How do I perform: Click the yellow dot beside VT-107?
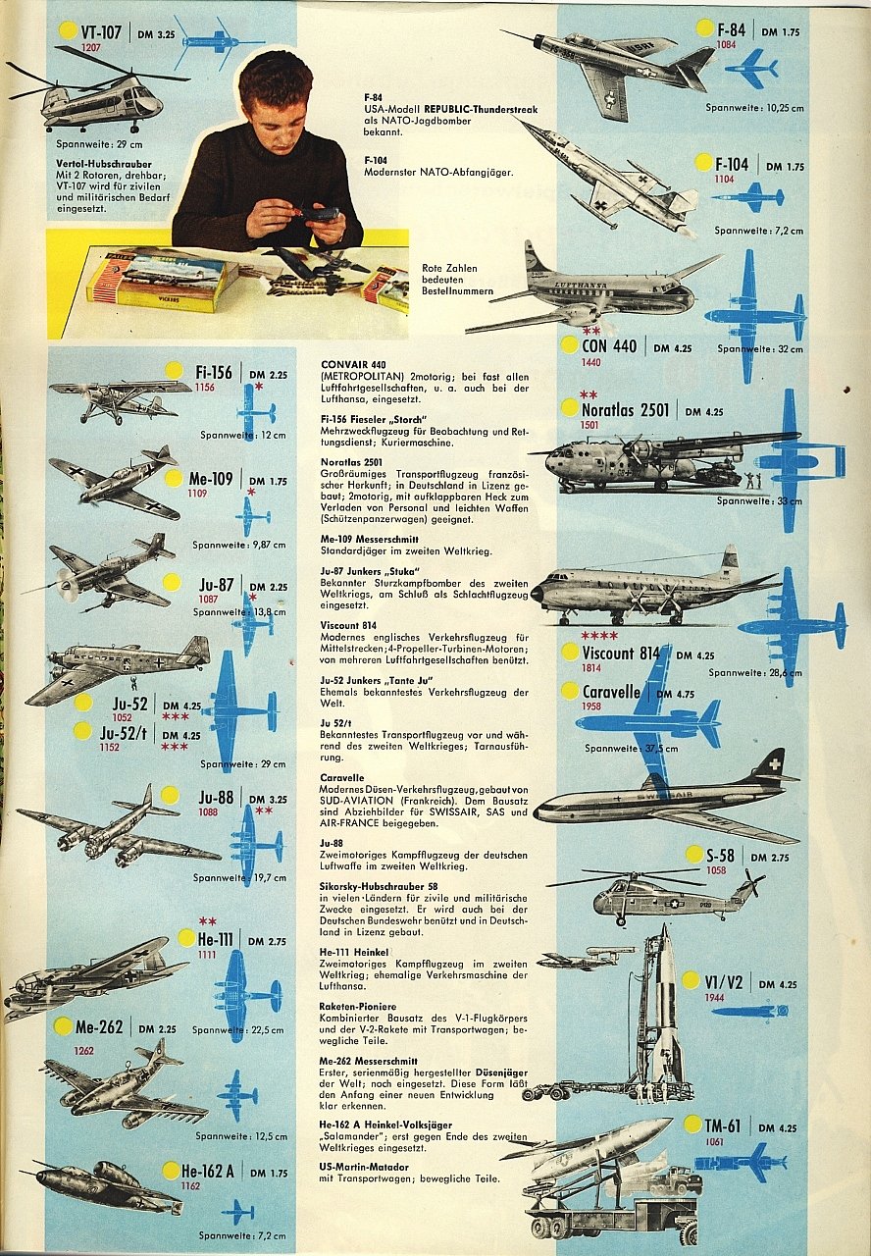(x=67, y=29)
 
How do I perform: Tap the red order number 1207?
(x=91, y=47)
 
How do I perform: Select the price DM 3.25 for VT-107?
(x=153, y=33)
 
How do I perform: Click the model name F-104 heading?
(x=732, y=164)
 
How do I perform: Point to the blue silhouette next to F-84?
(x=751, y=68)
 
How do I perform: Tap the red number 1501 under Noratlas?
(x=589, y=425)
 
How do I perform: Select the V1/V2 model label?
(x=729, y=981)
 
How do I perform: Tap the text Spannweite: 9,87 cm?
(x=239, y=545)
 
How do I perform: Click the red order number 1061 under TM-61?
(x=714, y=1141)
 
